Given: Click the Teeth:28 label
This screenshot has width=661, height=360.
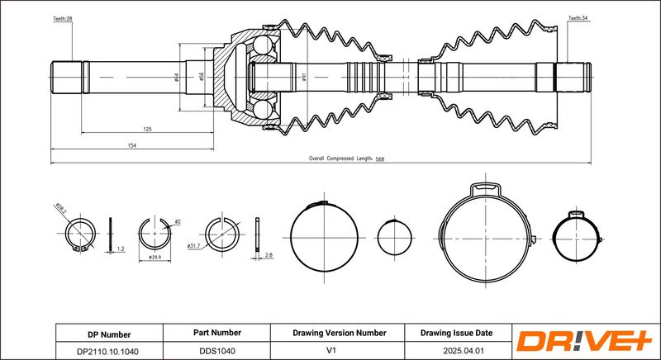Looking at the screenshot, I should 64,17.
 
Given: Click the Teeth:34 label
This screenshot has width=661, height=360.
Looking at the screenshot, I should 578,17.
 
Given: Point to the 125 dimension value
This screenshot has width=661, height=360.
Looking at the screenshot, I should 146,130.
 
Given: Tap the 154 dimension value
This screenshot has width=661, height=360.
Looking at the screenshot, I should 132,145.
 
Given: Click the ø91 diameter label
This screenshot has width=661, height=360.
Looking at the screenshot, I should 304,78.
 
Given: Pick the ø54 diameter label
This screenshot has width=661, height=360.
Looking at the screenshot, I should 177,78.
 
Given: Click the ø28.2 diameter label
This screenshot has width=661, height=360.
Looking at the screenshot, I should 60,211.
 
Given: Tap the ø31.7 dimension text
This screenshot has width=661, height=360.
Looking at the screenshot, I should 195,246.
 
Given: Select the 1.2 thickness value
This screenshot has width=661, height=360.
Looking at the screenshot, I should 120,248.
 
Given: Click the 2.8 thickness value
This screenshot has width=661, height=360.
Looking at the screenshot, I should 268,256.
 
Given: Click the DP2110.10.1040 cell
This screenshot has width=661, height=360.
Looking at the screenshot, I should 109,350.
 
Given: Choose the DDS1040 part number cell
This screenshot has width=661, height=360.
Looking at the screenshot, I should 216,350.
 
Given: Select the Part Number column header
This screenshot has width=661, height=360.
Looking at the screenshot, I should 216,333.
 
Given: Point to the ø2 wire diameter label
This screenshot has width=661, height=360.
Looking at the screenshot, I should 176,222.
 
